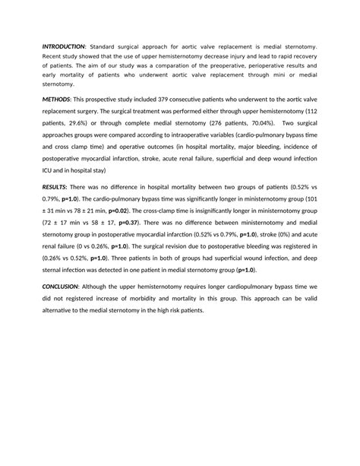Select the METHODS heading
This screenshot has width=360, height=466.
click(56, 100)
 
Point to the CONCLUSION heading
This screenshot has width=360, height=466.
click(65, 287)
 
